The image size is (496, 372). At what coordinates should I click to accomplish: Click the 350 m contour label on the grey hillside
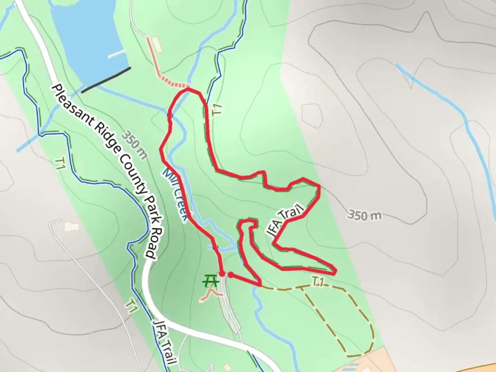pos(364,216)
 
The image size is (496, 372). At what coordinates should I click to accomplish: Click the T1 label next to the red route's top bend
pos(217,110)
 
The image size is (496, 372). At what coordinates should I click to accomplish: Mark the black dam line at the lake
pos(106,80)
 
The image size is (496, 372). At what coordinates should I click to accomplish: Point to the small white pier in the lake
pos(116,54)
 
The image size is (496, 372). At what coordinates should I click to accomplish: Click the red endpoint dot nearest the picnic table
pos(222,274)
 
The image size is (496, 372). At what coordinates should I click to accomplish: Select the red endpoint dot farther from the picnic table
pos(231,275)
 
